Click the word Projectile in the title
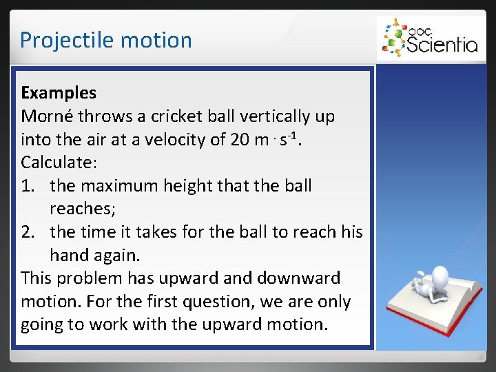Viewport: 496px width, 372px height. (x=59, y=40)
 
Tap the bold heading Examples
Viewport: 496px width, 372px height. (x=59, y=92)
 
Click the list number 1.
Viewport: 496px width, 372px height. (x=28, y=185)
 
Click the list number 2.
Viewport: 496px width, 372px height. (x=28, y=231)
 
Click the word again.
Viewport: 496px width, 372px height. (x=116, y=255)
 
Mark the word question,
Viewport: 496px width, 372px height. (x=189, y=302)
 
